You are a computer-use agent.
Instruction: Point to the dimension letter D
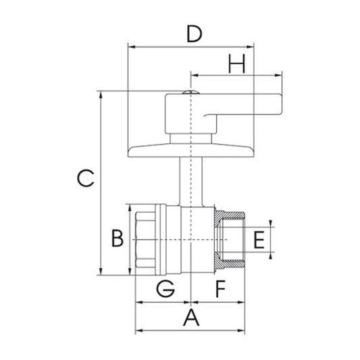pyautogui.click(x=194, y=33)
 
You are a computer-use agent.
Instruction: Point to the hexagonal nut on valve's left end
pyautogui.click(x=147, y=239)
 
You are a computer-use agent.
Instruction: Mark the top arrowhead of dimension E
pyautogui.click(x=271, y=225)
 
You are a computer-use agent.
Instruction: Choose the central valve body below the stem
pyautogui.click(x=192, y=240)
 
